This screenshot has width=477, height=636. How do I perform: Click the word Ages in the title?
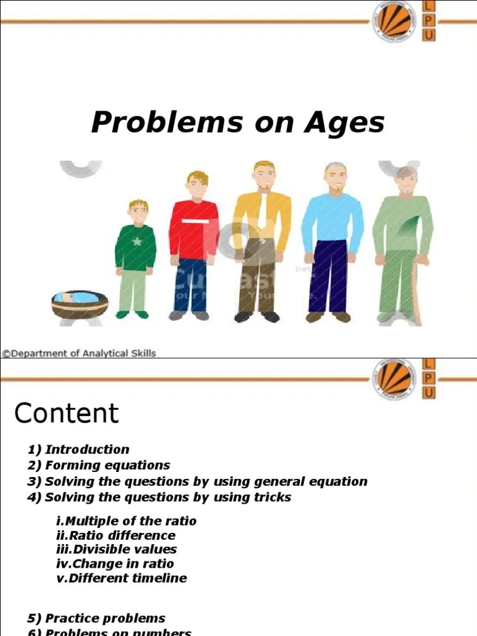pyautogui.click(x=344, y=122)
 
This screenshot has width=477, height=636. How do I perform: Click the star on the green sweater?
pyautogui.click(x=137, y=242)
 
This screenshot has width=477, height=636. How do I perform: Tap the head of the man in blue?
pyautogui.click(x=336, y=178)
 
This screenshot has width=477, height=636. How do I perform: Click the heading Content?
pyautogui.click(x=66, y=413)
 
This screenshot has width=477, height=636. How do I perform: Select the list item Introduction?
pyautogui.click(x=87, y=450)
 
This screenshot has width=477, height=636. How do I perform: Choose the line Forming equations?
pyautogui.click(x=107, y=465)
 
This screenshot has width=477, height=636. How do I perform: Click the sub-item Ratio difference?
pyautogui.click(x=122, y=535)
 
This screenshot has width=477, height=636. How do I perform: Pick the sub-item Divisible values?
pyautogui.click(x=124, y=550)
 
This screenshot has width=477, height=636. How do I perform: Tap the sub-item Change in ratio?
pyautogui.click(x=122, y=564)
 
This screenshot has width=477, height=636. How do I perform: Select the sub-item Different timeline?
pyautogui.click(x=127, y=578)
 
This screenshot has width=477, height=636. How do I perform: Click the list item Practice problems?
pyautogui.click(x=104, y=619)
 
